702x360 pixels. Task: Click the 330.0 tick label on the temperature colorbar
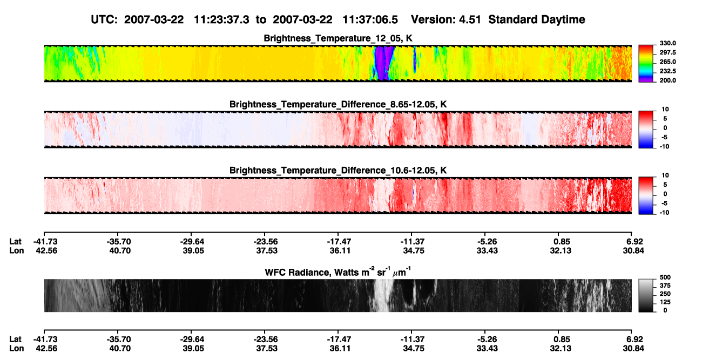pyautogui.click(x=667, y=43)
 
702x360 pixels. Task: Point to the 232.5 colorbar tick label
pyautogui.click(x=667, y=71)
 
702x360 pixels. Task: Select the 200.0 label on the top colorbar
pyautogui.click(x=667, y=80)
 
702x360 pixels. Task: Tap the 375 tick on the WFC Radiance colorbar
pyautogui.click(x=665, y=286)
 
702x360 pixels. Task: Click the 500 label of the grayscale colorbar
pyautogui.click(x=665, y=277)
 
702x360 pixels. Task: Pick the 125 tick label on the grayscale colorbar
pyautogui.click(x=665, y=302)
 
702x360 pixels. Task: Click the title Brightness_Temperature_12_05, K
pyautogui.click(x=338, y=38)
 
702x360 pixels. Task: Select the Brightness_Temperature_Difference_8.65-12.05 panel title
pyautogui.click(x=338, y=104)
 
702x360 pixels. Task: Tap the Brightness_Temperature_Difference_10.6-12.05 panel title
pyautogui.click(x=338, y=171)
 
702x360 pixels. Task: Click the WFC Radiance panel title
pyautogui.click(x=338, y=272)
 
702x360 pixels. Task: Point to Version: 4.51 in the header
pyautogui.click(x=446, y=19)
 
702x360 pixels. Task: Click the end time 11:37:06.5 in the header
pyautogui.click(x=370, y=19)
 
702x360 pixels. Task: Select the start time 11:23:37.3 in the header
pyautogui.click(x=221, y=19)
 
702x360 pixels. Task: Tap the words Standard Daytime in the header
pyautogui.click(x=537, y=19)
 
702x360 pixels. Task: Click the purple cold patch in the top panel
pyautogui.click(x=383, y=63)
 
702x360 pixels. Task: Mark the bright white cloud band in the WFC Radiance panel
pyautogui.click(x=381, y=295)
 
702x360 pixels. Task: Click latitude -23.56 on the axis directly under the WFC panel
pyautogui.click(x=265, y=339)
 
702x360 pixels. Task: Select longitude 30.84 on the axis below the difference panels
pyautogui.click(x=633, y=250)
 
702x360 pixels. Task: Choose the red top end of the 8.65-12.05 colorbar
pyautogui.click(x=646, y=113)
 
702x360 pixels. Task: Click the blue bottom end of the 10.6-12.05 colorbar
pyautogui.click(x=646, y=211)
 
